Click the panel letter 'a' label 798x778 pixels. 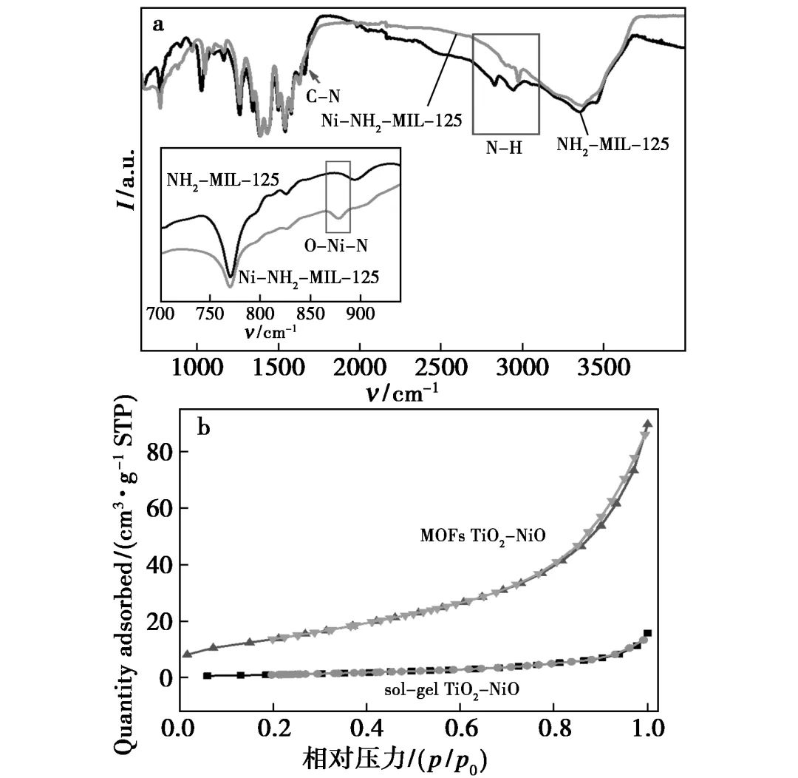point(157,24)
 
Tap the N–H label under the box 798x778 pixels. point(504,147)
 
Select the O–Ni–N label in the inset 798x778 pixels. point(336,245)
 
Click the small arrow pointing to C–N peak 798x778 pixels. point(314,75)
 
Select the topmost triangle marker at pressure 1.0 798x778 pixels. point(648,424)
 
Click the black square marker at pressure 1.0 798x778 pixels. point(648,633)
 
